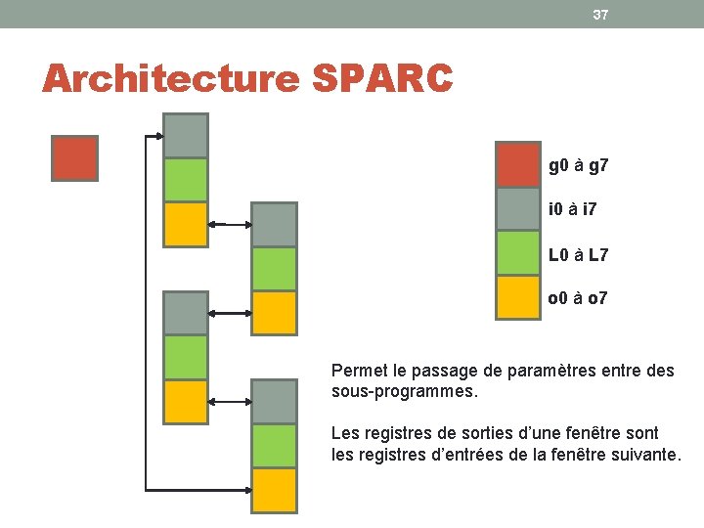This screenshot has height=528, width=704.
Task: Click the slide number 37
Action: click(600, 14)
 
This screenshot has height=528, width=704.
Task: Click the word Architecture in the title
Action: click(169, 78)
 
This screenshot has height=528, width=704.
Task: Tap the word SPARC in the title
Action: click(382, 78)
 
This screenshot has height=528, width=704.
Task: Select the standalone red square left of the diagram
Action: click(74, 158)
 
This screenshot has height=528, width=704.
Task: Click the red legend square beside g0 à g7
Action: click(518, 165)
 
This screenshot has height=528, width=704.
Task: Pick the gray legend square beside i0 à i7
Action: click(518, 208)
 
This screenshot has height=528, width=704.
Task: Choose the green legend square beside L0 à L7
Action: click(518, 253)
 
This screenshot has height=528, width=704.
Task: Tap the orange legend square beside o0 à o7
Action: click(518, 297)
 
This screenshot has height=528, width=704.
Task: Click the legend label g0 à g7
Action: click(579, 166)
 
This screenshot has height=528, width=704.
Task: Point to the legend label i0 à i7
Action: click(574, 210)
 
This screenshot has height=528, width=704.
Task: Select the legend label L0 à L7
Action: click(578, 255)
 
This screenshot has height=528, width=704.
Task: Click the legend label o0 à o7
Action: click(578, 298)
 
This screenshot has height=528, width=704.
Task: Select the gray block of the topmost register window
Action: click(186, 136)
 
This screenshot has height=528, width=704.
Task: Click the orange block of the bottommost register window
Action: click(274, 490)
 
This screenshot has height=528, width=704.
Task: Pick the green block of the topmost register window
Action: click(186, 180)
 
